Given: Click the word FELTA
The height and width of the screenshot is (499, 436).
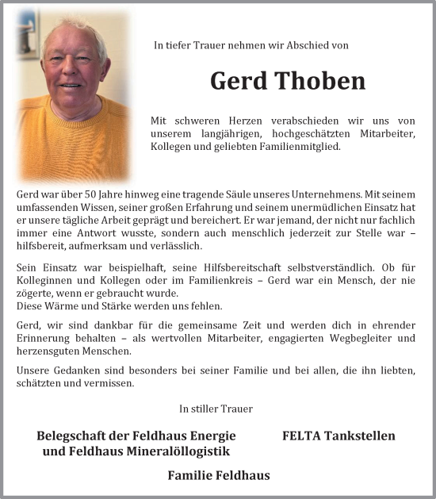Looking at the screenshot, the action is click(301, 436).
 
